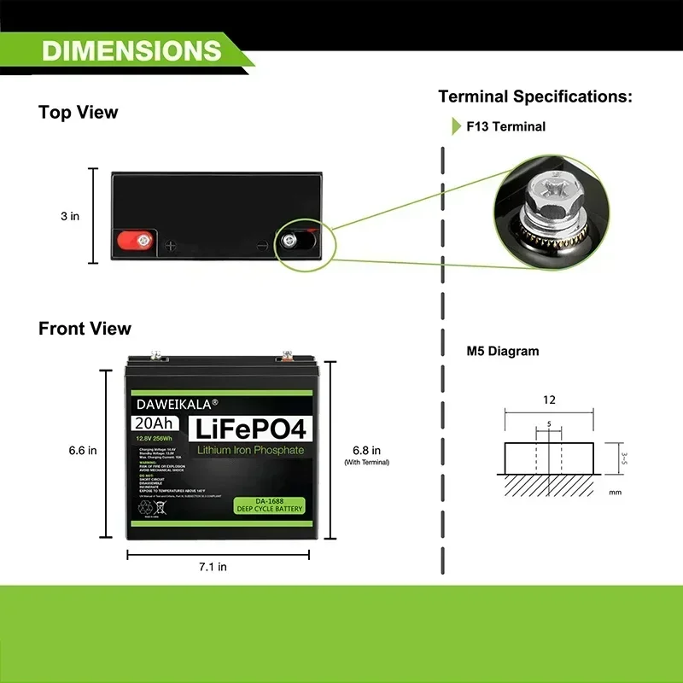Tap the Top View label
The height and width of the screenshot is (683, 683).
79,113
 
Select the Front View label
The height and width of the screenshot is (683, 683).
85,329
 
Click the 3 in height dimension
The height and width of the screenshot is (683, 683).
70,216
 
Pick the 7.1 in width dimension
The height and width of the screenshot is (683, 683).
212,566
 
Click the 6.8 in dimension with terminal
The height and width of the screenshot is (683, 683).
366,451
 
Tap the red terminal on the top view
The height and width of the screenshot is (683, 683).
134,240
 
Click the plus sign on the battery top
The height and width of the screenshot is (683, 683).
170,246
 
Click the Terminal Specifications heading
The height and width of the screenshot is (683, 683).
535,96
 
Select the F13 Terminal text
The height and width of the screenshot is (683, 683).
505,126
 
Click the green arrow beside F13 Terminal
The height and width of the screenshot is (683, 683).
457,126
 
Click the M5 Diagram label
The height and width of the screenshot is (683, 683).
503,351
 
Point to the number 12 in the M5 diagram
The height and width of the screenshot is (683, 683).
549,400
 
